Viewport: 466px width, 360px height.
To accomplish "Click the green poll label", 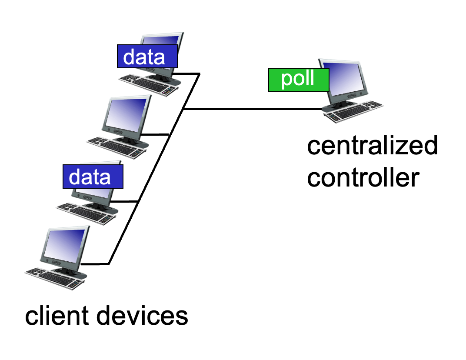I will point(298,80).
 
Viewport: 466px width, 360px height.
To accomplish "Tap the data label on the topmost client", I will point(147,57).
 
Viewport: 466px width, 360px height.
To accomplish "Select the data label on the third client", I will point(93,177).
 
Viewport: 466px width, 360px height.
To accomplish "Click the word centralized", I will point(372,146).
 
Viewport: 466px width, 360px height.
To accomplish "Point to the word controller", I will point(363,177).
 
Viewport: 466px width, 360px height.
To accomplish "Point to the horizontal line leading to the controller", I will point(252,109).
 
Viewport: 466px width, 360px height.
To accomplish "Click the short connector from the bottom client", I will point(96,263).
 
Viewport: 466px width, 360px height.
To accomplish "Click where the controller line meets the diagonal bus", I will point(183,109).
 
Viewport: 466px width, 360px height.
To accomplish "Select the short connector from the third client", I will point(126,202).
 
